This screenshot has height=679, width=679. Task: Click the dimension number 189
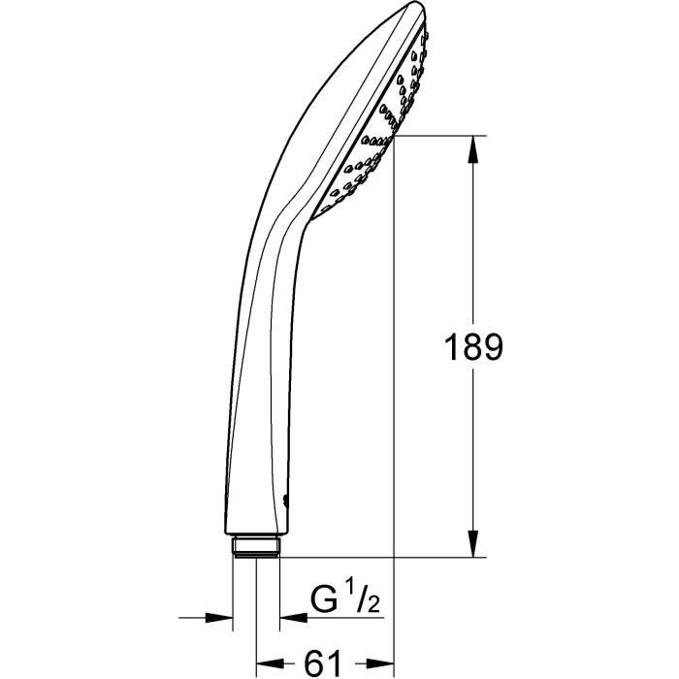tap(472, 347)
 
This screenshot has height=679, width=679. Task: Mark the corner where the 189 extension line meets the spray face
tap(392, 137)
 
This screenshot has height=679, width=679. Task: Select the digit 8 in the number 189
tap(472, 347)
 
